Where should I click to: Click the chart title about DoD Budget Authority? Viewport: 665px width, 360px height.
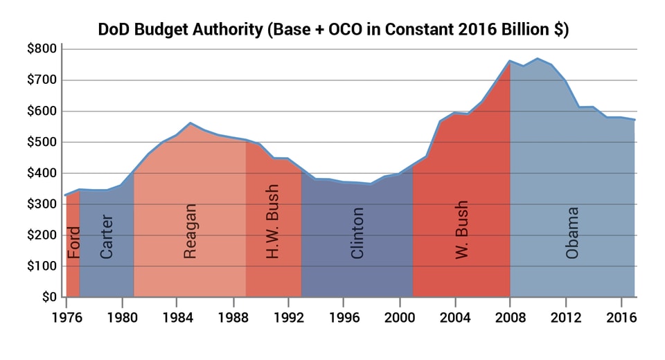[333, 30]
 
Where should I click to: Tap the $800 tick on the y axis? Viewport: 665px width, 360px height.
[40, 49]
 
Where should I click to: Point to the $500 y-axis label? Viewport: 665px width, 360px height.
[40, 143]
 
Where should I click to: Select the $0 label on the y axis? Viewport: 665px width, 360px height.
[46, 298]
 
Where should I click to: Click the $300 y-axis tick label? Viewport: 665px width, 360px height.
[40, 204]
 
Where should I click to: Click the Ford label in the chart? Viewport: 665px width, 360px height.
[73, 242]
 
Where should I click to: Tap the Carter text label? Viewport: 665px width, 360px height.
[107, 237]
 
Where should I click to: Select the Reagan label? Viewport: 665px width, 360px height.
[190, 231]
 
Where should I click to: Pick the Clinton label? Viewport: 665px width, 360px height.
[357, 233]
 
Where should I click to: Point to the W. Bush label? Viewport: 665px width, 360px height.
[462, 231]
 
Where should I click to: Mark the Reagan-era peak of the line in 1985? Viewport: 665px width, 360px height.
[190, 123]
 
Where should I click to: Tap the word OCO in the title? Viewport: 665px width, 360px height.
[342, 30]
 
